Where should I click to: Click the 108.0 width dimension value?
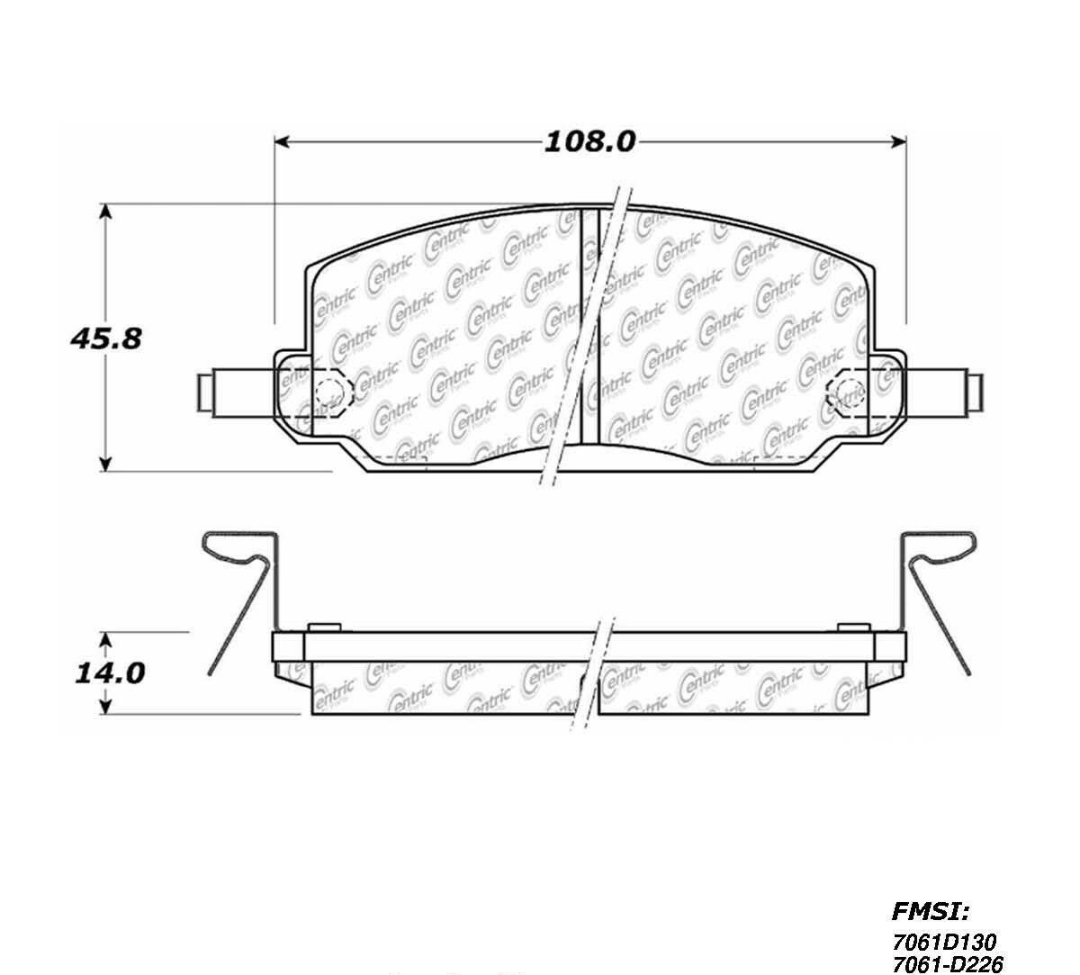(x=589, y=141)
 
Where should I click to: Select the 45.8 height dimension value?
(x=106, y=339)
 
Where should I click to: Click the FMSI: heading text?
(x=930, y=912)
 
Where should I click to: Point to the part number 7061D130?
(x=942, y=942)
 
